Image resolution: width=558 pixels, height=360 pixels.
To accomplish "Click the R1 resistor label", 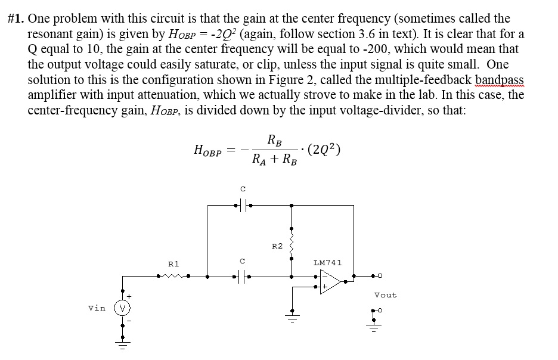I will pyautogui.click(x=173, y=263).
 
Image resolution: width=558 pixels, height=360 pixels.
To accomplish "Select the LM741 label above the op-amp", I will pyautogui.click(x=327, y=262).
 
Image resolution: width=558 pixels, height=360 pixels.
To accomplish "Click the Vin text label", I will pyautogui.click(x=97, y=308).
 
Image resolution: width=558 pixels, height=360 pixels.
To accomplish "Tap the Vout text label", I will pyautogui.click(x=385, y=295).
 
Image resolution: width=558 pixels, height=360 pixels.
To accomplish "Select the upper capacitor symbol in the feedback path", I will pyautogui.click(x=242, y=206).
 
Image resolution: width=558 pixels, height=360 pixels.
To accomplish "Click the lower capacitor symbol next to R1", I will pyautogui.click(x=242, y=276).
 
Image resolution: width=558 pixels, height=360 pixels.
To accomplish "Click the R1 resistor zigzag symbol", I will pyautogui.click(x=173, y=276).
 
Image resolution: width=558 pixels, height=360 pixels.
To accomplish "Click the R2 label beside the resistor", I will pyautogui.click(x=277, y=246).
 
